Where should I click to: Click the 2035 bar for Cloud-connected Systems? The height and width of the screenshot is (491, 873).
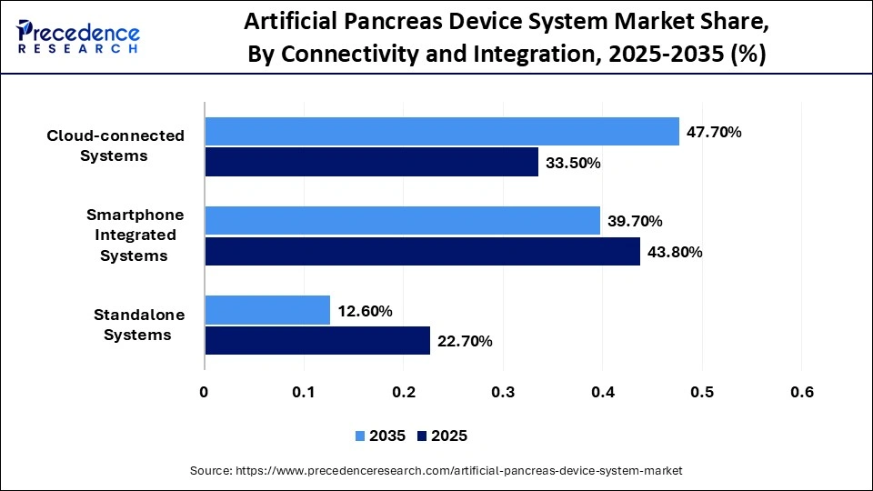click(x=442, y=132)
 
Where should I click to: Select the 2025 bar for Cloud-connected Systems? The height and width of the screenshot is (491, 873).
click(x=371, y=163)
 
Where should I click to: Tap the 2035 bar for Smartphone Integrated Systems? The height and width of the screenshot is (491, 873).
click(x=402, y=221)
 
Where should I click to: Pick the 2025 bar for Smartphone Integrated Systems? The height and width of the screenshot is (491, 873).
click(x=422, y=252)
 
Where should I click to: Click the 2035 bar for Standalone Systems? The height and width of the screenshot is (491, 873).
click(x=267, y=310)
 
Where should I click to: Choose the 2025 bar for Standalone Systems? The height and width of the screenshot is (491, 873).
click(x=317, y=341)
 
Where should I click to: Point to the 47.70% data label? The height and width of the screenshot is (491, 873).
click(x=714, y=132)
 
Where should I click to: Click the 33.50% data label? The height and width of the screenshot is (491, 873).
click(x=573, y=163)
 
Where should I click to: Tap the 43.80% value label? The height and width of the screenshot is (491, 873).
click(x=675, y=252)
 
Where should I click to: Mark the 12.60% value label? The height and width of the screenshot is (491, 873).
click(x=365, y=311)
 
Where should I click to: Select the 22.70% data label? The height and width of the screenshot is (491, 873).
click(x=465, y=341)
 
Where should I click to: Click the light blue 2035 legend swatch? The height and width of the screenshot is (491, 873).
click(x=360, y=436)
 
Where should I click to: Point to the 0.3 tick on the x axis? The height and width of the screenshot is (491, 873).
click(x=503, y=392)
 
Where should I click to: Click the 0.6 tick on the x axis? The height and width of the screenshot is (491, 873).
click(x=801, y=392)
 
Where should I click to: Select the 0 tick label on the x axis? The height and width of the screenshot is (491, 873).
click(x=205, y=392)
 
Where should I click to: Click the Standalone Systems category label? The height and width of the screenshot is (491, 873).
click(x=139, y=325)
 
